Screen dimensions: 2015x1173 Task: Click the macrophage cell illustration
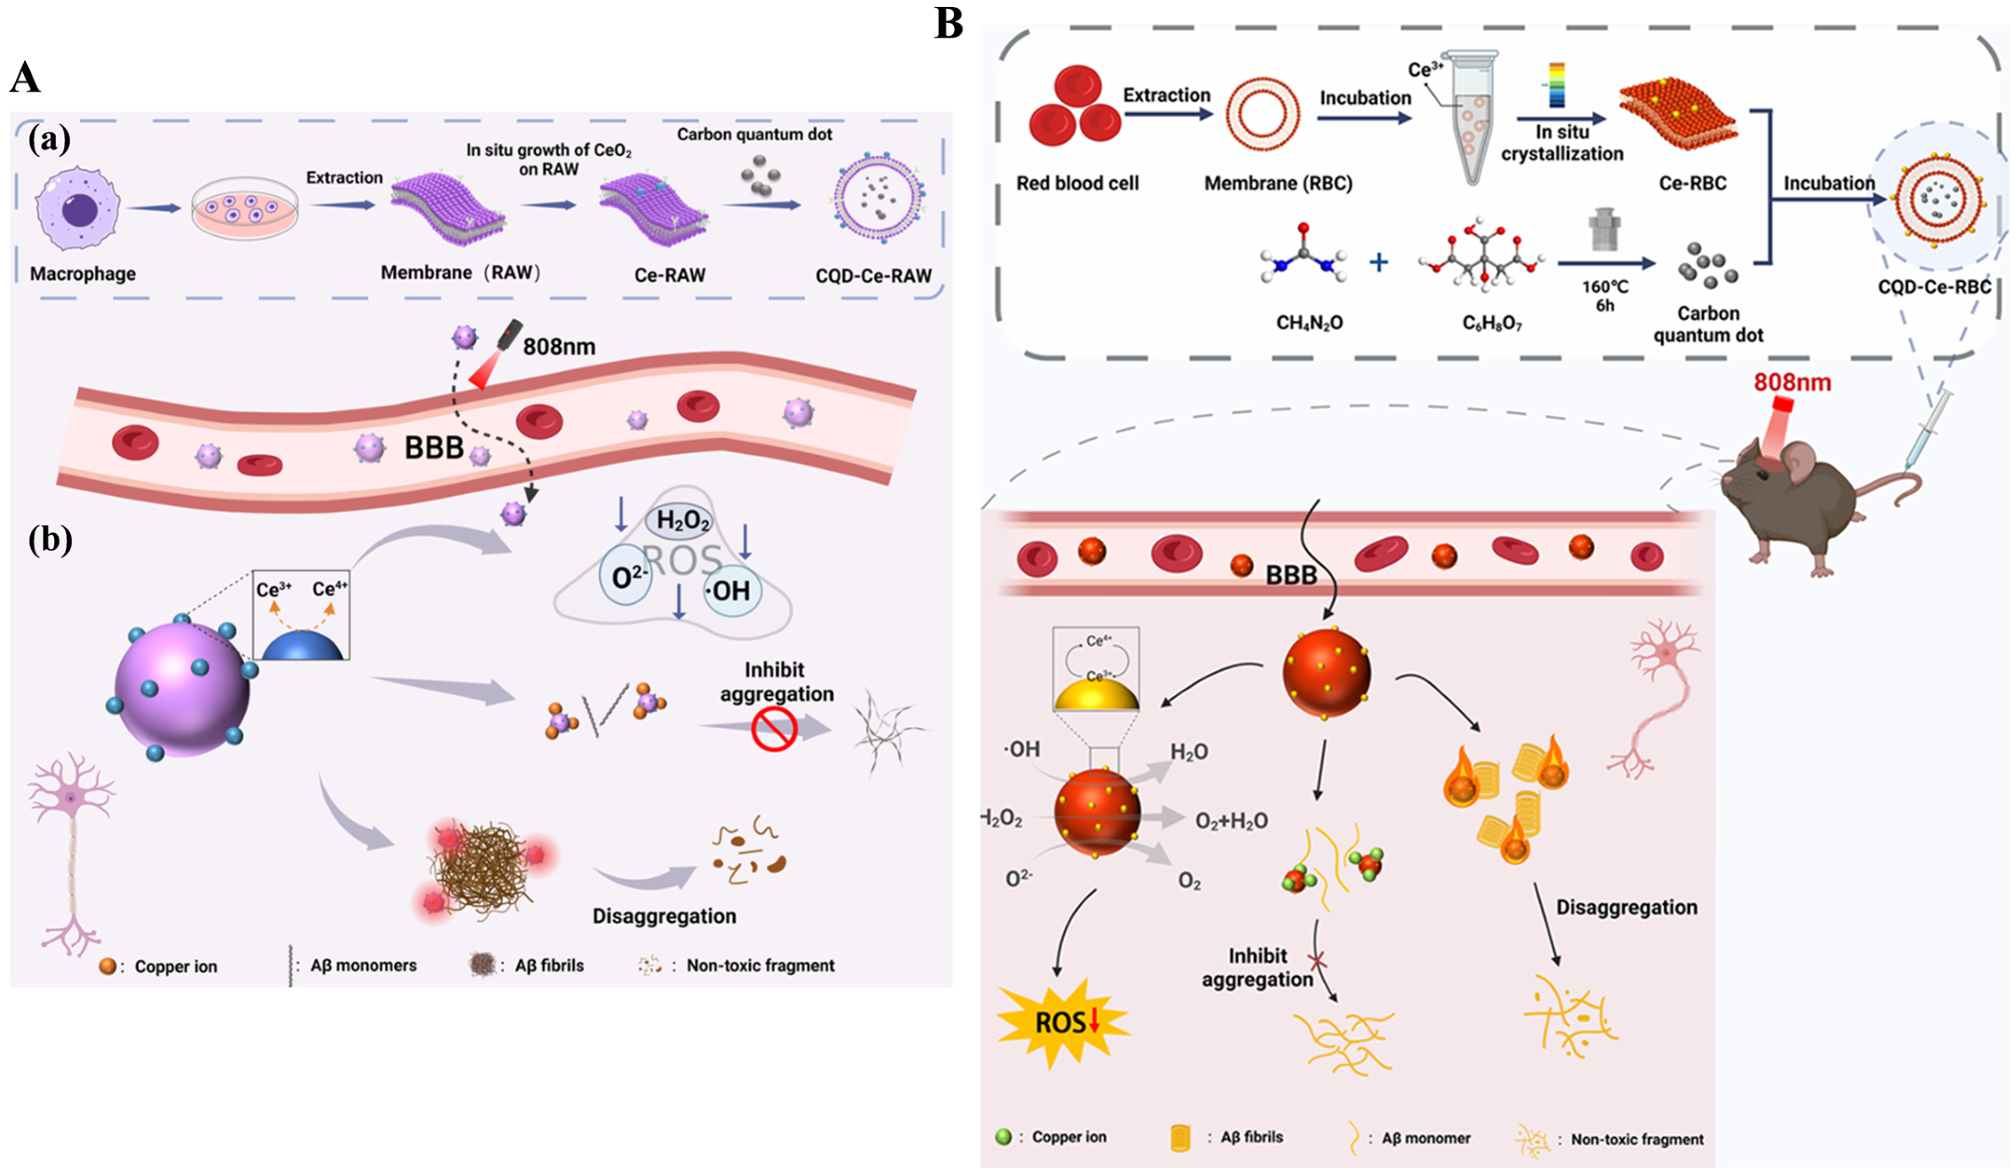pyautogui.click(x=78, y=208)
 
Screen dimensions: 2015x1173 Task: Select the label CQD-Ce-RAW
pyautogui.click(x=873, y=276)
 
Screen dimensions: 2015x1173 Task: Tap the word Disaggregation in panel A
pyautogui.click(x=664, y=917)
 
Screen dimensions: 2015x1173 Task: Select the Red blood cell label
pyautogui.click(x=1077, y=183)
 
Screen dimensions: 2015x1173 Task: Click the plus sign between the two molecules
pyautogui.click(x=1378, y=262)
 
